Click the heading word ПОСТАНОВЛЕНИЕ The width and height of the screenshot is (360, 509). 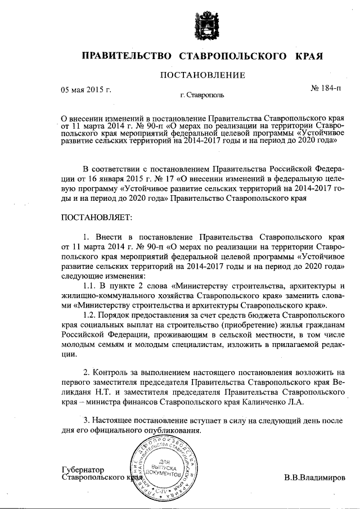(204, 75)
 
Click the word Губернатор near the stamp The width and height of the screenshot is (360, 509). (83, 469)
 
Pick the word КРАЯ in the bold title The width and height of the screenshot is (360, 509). (309, 56)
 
